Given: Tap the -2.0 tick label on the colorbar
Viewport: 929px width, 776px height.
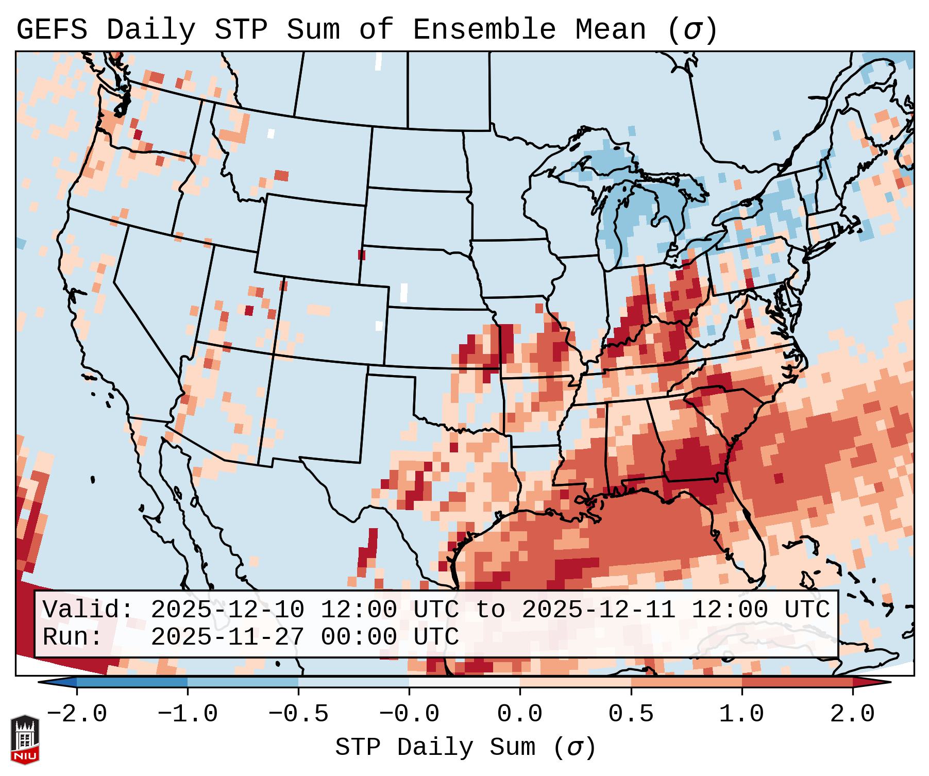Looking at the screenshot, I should point(77,714).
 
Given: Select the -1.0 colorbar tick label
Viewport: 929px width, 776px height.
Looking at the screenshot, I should point(188,714).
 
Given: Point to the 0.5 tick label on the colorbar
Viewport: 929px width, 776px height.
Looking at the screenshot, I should point(631,714).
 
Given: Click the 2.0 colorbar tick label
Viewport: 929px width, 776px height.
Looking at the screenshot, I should point(852,714).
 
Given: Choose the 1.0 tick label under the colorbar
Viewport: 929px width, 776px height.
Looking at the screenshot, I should point(741,714).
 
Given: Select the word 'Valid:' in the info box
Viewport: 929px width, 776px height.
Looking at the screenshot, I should point(88,610).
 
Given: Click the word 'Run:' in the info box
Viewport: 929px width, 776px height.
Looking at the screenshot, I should point(73,637).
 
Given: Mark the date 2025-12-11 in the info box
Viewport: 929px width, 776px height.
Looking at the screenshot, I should point(598,610).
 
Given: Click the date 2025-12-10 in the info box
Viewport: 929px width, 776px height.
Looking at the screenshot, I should point(227,610).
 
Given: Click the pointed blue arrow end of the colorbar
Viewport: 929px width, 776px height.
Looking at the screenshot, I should point(57,682).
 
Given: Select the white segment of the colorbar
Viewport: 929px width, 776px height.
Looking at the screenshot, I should point(464,682).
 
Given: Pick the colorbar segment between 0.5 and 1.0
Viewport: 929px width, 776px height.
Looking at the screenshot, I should point(686,682).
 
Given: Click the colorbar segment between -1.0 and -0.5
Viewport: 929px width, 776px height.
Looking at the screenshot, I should point(243,682).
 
